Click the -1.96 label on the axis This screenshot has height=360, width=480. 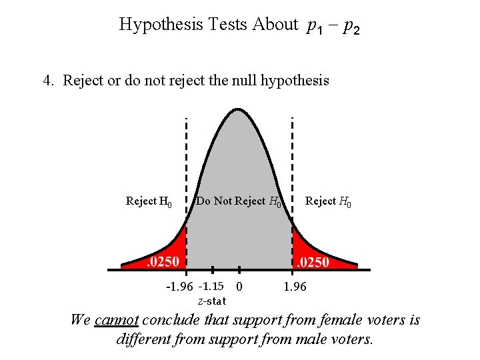(x=179, y=287)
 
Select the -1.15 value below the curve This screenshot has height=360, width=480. (x=211, y=287)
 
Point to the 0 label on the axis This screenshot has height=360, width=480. (x=239, y=287)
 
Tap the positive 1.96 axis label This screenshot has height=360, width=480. (x=295, y=287)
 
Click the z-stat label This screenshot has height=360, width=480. (x=211, y=301)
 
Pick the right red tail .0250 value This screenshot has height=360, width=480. (x=313, y=262)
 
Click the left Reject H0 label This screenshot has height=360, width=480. (x=149, y=201)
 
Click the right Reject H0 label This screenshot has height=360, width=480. (x=327, y=201)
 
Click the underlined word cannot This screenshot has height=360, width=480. (x=116, y=320)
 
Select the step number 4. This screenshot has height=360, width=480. (x=47, y=81)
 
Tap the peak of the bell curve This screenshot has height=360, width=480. (x=239, y=109)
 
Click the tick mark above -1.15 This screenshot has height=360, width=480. (x=212, y=269)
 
